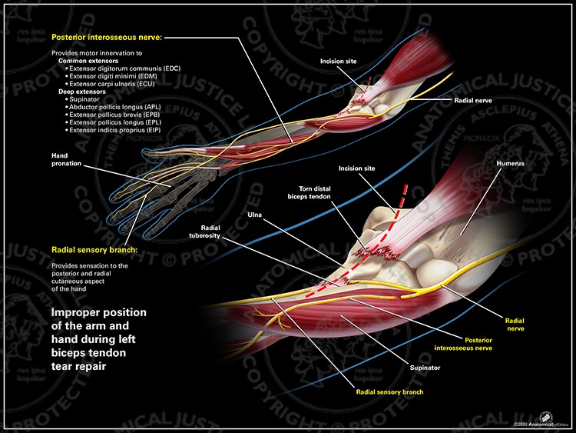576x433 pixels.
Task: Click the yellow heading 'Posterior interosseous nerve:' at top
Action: pyautogui.click(x=107, y=37)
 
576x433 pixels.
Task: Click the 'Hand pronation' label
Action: pyautogui.click(x=65, y=159)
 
